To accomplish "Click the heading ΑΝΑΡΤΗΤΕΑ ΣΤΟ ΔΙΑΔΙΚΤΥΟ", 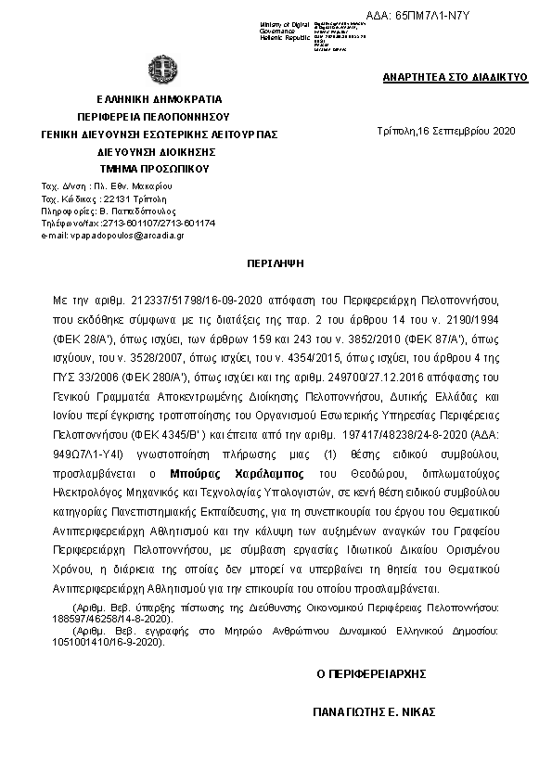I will [x=455, y=77].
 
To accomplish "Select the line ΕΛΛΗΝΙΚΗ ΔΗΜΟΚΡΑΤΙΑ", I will [x=152, y=98].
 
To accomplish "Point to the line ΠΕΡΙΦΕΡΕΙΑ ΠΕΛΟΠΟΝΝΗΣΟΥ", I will [x=152, y=116].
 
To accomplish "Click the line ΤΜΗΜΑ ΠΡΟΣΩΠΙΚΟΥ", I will [x=152, y=169].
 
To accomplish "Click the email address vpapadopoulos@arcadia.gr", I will [x=113, y=236].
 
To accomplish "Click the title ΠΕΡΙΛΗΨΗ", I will [x=276, y=263].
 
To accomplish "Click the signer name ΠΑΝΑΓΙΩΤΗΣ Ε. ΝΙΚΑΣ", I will [x=374, y=713].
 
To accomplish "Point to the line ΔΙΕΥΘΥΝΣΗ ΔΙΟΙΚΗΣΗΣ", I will [x=152, y=151].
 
